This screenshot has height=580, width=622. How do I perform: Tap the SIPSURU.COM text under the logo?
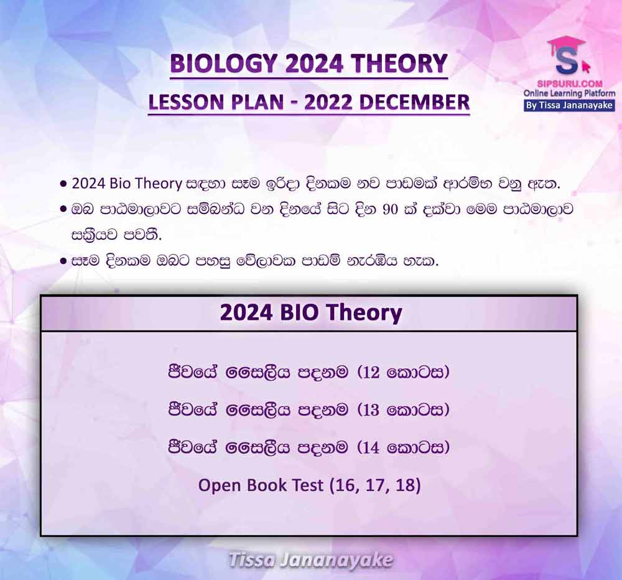pos(570,84)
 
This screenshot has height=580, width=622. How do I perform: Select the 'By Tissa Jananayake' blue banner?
pos(569,106)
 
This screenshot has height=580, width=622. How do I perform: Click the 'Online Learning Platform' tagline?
pos(569,94)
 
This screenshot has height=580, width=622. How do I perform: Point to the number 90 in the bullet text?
pos(391,209)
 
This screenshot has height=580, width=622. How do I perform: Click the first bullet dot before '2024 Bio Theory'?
pos(63,185)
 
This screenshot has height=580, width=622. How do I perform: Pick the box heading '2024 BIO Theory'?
pos(310,313)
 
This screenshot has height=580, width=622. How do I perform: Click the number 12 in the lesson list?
pos(371,373)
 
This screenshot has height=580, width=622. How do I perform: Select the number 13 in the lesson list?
pos(371,410)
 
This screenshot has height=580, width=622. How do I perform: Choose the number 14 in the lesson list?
pos(371,448)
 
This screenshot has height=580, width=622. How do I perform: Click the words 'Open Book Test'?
pos(261,485)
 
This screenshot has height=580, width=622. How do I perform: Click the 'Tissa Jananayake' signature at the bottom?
pos(310,560)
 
